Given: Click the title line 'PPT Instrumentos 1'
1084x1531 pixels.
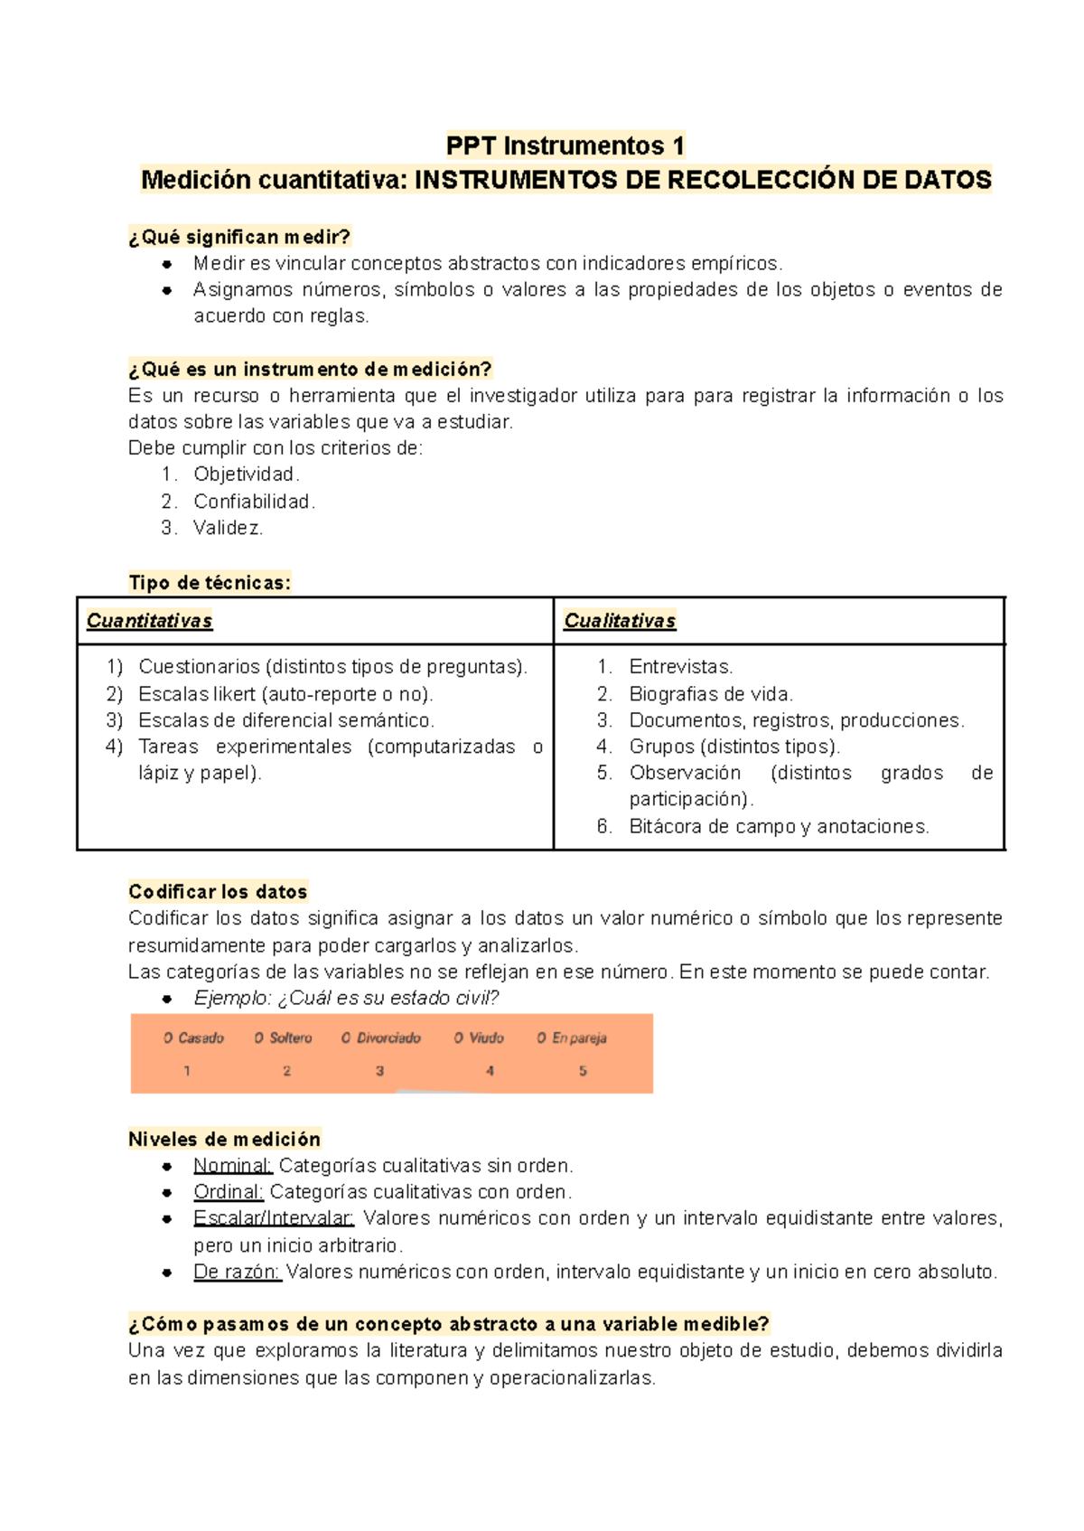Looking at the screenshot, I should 565,146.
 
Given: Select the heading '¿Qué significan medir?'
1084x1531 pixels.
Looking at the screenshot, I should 239,237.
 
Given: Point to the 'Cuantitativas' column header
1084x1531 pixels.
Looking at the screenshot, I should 149,621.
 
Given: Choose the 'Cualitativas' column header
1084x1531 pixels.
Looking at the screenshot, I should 620,621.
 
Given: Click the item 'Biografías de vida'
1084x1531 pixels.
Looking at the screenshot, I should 710,694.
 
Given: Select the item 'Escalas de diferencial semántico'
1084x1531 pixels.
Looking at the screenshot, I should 285,720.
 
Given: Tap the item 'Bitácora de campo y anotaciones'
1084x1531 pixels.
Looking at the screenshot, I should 778,826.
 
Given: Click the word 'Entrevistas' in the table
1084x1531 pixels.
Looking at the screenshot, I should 679,667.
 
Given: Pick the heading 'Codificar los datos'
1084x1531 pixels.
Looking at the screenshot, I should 218,892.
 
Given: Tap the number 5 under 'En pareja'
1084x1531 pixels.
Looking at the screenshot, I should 583,1071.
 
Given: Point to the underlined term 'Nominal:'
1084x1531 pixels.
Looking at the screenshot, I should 233,1166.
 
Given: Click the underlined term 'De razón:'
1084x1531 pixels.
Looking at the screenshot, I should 238,1272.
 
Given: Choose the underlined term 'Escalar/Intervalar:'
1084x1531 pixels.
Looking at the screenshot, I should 274,1218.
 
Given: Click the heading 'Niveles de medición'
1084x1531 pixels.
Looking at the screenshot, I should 224,1140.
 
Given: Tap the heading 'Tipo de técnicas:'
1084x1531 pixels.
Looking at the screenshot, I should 210,583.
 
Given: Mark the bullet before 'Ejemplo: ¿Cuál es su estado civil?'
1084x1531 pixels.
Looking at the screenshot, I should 167,1000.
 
